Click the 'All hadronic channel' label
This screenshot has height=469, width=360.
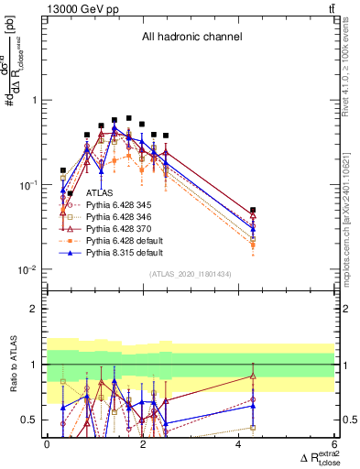[191, 37]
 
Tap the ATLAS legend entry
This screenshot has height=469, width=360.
[100, 194]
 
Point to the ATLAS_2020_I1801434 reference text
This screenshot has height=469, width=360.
[190, 274]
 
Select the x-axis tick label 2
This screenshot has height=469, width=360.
[142, 443]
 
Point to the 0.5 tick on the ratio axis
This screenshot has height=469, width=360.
[31, 420]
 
